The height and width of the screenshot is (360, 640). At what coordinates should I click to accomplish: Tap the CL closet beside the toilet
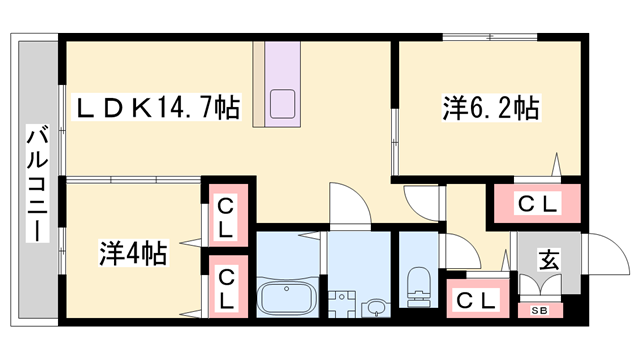(475, 299)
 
